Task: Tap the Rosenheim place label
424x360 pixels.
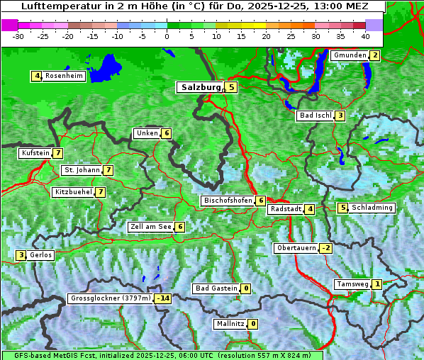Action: click(x=64, y=76)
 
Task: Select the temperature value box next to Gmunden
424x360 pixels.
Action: click(x=374, y=55)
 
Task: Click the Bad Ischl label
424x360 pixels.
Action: click(x=315, y=116)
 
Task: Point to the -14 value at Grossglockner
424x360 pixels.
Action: click(x=164, y=298)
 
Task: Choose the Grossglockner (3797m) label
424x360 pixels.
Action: click(x=111, y=298)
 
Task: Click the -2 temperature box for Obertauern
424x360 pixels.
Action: click(x=325, y=248)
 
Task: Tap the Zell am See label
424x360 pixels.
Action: click(x=151, y=227)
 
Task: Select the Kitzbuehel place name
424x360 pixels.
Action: click(x=73, y=192)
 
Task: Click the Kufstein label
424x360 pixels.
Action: click(x=35, y=153)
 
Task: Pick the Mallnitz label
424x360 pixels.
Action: click(x=230, y=324)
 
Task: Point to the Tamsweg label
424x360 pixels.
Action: click(x=352, y=284)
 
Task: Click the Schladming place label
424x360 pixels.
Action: click(x=372, y=208)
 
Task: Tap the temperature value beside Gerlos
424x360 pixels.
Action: click(x=21, y=255)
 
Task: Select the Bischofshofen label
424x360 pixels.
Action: click(x=228, y=201)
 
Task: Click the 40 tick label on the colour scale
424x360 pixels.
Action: click(x=365, y=35)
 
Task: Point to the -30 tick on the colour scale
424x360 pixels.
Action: click(x=18, y=35)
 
